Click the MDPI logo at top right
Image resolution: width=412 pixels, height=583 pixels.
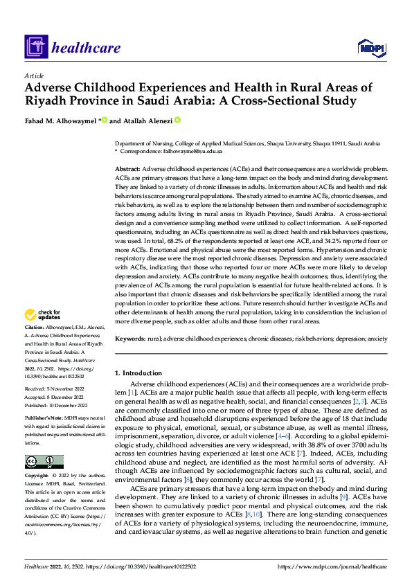click(369, 47)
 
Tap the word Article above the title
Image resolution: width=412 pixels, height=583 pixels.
click(33, 75)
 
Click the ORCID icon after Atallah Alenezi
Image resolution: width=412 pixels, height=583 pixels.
click(177, 120)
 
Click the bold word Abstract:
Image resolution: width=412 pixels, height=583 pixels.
click(127, 168)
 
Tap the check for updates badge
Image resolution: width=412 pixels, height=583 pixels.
click(44, 315)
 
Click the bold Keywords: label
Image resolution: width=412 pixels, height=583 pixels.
click(130, 339)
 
